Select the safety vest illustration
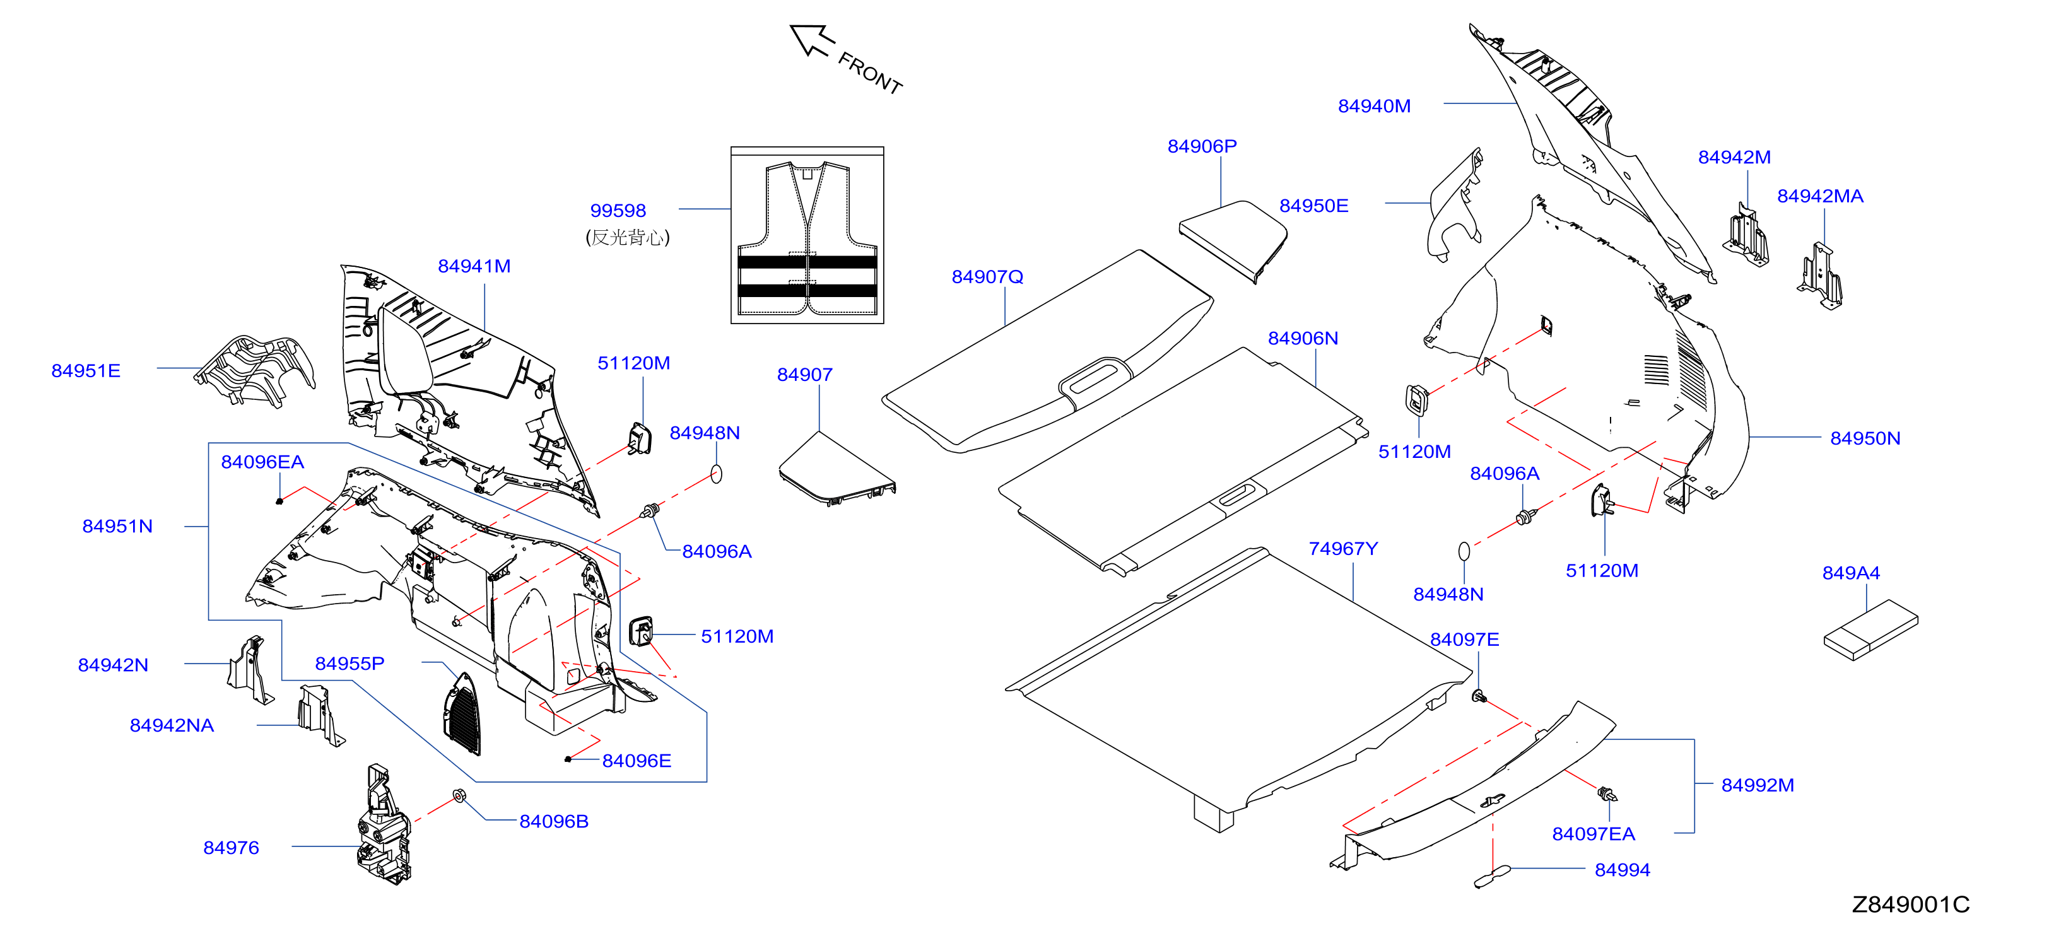tap(807, 238)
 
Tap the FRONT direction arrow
tap(811, 40)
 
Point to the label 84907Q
tap(987, 277)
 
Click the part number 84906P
tap(1202, 146)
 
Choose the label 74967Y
tap(1342, 549)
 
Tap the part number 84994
tap(1622, 870)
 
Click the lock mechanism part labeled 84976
tap(384, 824)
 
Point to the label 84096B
tap(554, 821)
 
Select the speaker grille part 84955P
tap(463, 713)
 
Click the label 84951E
tap(86, 371)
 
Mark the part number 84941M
tap(474, 266)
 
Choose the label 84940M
tap(1374, 107)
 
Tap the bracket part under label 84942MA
tap(1820, 277)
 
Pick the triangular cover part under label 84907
tap(837, 469)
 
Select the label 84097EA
tap(1594, 834)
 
